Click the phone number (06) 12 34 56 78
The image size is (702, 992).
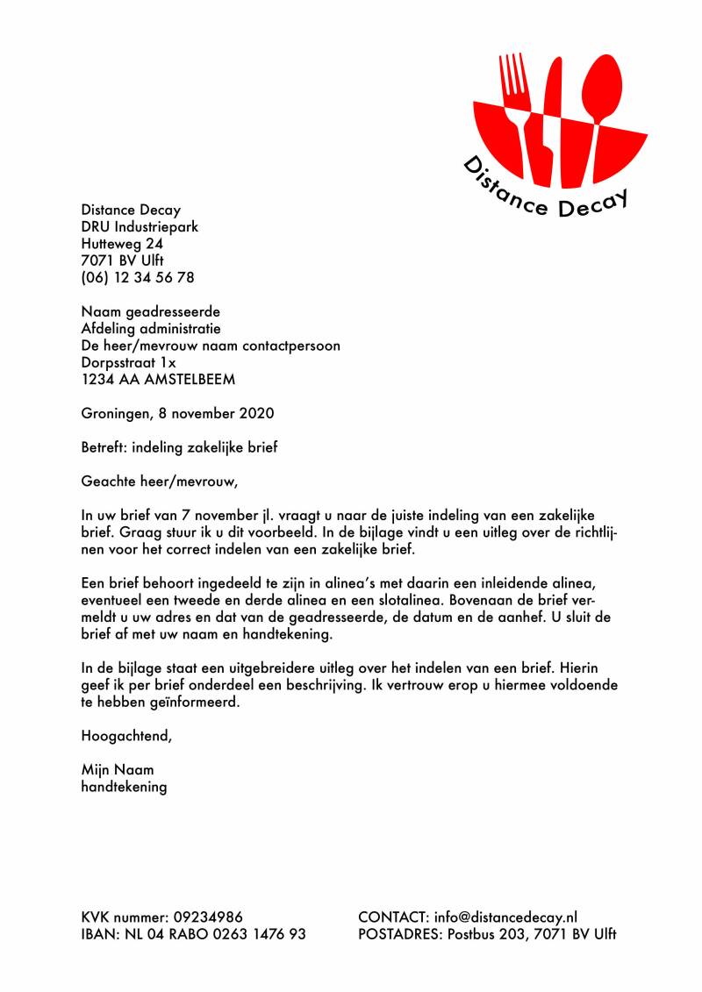(x=138, y=277)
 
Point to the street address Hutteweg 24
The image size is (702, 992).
(x=122, y=243)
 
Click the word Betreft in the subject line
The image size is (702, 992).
(x=103, y=446)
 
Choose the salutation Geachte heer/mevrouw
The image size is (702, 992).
(x=159, y=481)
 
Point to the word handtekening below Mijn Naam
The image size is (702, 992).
(x=124, y=787)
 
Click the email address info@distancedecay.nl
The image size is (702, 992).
(x=505, y=917)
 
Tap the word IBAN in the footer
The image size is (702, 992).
(x=98, y=934)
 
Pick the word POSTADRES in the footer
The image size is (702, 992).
(x=399, y=934)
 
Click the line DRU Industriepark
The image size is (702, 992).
(x=140, y=226)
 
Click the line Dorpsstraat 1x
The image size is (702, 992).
(x=128, y=362)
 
